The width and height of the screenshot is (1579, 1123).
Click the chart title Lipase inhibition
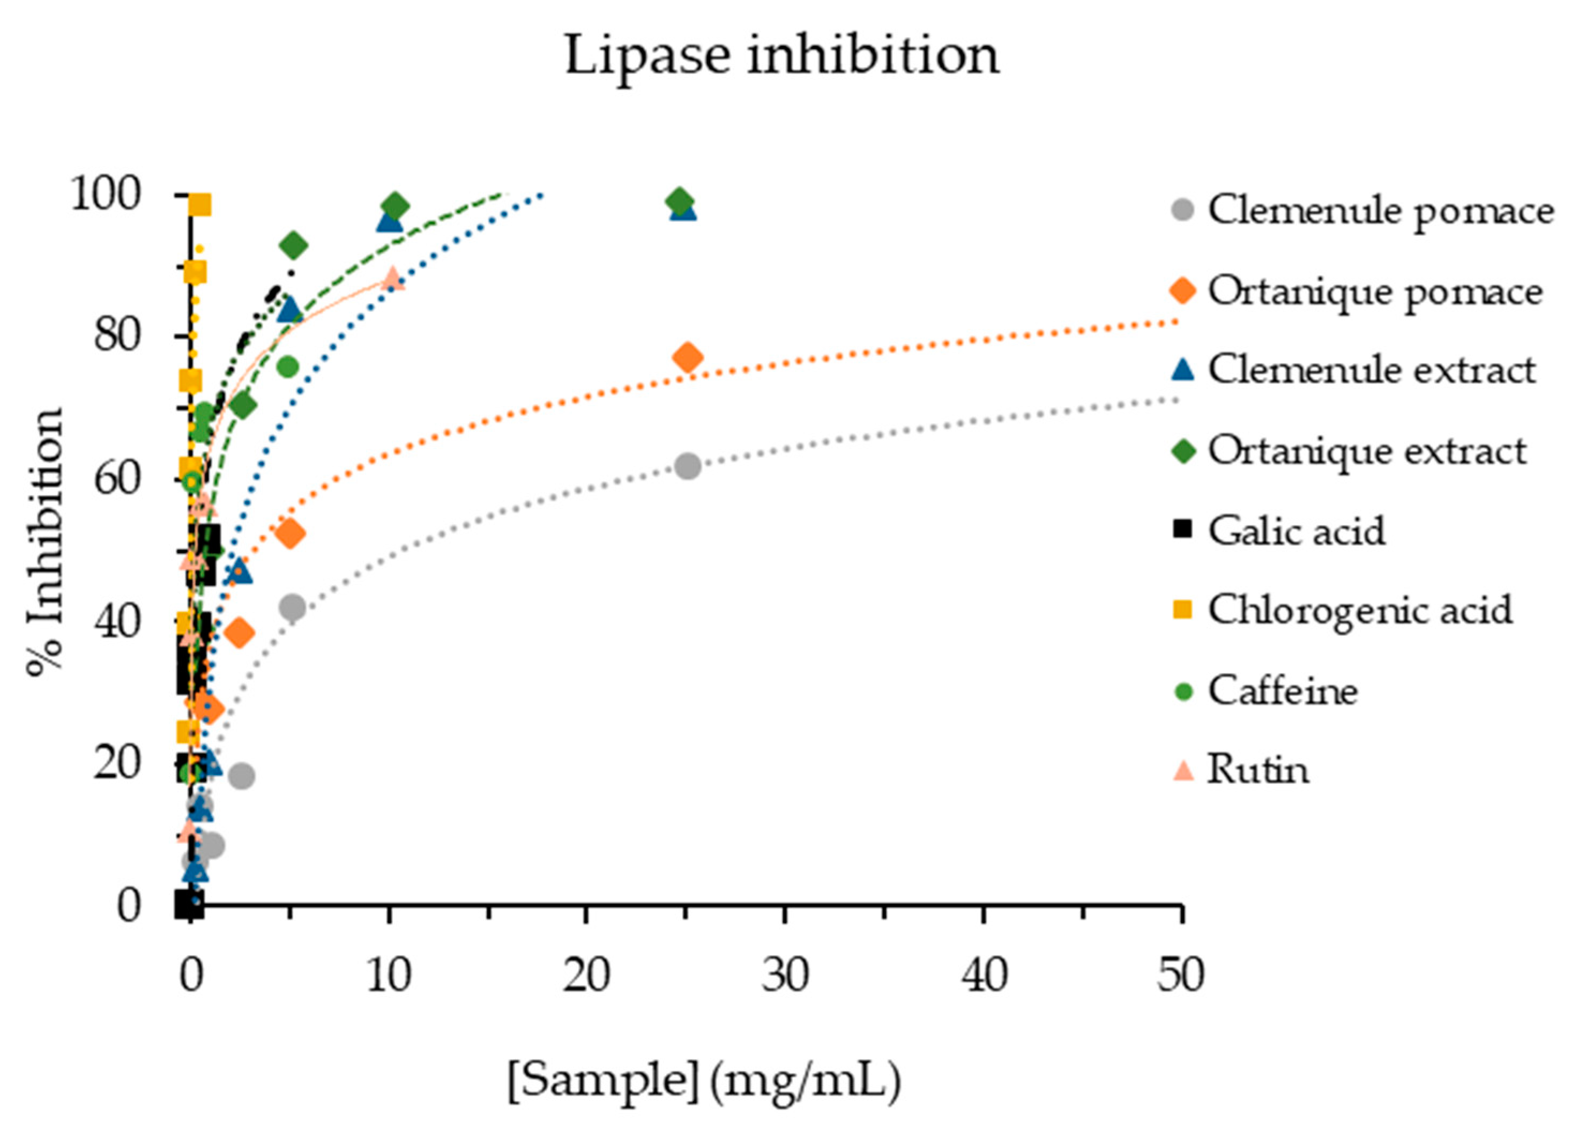[x=782, y=55]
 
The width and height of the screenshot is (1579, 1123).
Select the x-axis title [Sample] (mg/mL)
[x=704, y=1080]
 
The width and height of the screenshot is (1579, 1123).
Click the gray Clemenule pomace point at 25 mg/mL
[x=688, y=466]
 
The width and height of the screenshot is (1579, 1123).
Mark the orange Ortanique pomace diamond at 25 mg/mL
[x=688, y=358]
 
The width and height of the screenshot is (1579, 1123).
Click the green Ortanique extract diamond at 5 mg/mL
[x=294, y=246]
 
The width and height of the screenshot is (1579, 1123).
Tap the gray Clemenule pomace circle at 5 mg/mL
[x=293, y=607]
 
